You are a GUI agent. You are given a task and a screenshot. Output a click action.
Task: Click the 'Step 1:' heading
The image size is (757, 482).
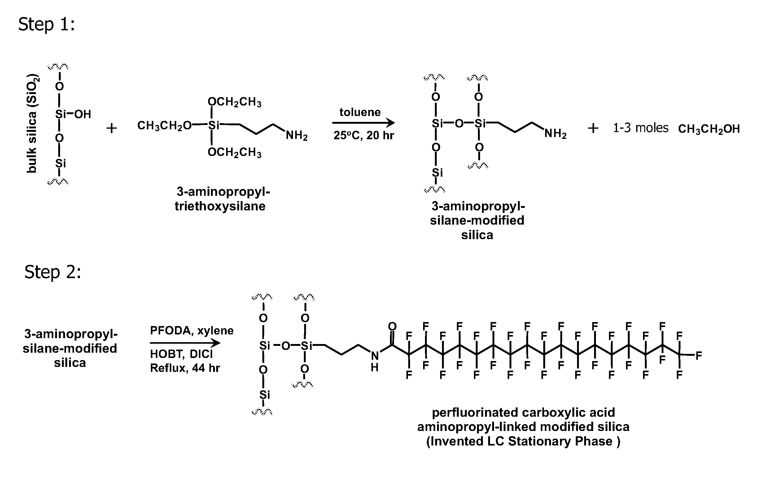point(46,24)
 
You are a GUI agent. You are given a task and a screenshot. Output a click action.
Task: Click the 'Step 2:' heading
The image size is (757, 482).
point(52,272)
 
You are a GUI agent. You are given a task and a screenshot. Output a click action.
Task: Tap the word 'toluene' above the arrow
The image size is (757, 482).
point(360,112)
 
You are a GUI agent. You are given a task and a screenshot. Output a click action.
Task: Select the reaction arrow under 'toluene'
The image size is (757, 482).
point(363,123)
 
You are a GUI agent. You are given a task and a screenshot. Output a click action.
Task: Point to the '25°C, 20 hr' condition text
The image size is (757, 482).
point(364,135)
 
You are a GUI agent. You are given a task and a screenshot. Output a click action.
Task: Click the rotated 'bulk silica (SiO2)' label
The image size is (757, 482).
point(33,123)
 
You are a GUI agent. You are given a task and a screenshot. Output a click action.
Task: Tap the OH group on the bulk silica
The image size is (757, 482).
point(82,114)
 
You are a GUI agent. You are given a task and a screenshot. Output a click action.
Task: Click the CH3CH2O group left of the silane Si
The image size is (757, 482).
point(164,126)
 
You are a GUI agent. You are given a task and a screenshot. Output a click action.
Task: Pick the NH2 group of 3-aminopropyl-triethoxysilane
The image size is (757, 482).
point(296,136)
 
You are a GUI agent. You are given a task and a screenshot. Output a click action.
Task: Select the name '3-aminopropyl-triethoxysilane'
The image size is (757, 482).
point(222,198)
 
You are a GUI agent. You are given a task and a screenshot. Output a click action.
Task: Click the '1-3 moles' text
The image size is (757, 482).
point(641,128)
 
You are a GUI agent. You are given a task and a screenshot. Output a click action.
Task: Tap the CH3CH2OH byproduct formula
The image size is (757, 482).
point(709,129)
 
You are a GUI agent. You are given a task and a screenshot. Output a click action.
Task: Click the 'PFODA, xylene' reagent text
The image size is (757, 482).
point(192,330)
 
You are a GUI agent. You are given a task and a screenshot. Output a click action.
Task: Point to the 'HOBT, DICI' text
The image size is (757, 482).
point(182,354)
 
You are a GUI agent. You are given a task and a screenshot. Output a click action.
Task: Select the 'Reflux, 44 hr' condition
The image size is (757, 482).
point(185,368)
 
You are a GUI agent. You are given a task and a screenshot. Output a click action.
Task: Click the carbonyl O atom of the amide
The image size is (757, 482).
point(392,326)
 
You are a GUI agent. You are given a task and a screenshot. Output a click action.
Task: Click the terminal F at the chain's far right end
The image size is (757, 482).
point(698,356)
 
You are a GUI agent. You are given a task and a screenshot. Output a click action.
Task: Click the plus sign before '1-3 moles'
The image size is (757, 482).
point(593,128)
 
